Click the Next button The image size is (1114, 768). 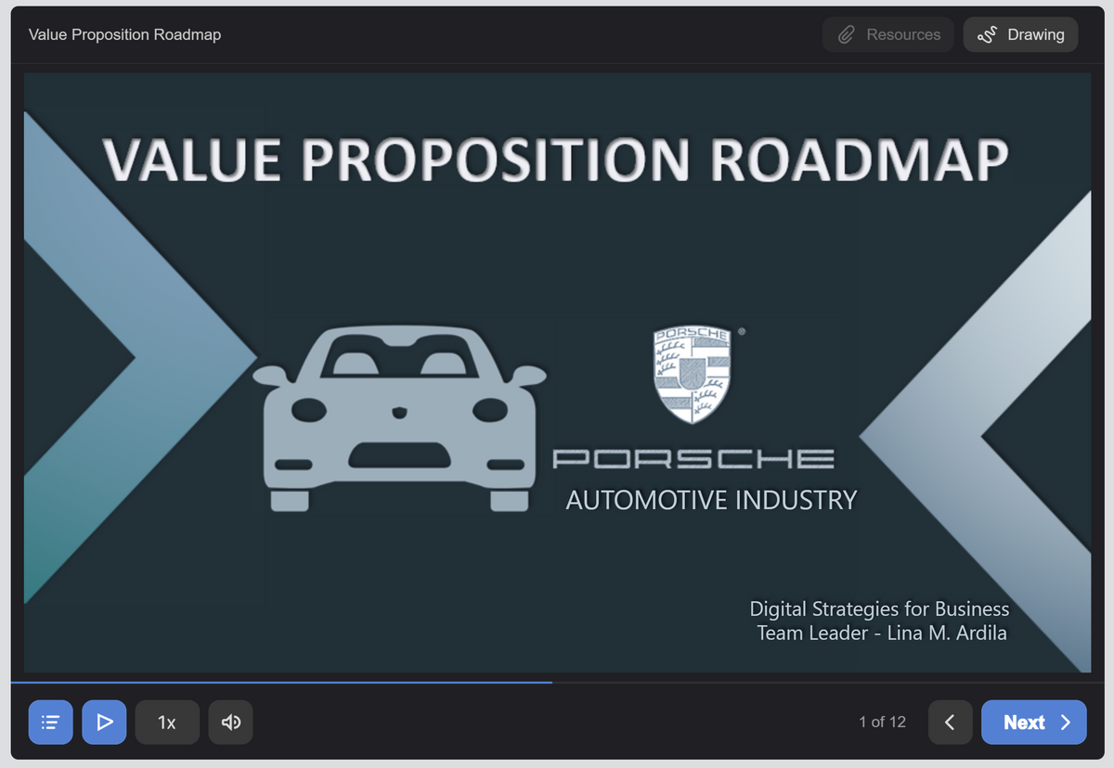click(1033, 722)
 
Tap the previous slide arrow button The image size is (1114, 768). click(950, 722)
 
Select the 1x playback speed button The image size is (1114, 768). click(167, 722)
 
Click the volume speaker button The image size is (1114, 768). click(231, 722)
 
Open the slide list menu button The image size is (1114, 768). click(51, 722)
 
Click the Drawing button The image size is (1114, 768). click(1020, 34)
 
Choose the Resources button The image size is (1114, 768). click(887, 34)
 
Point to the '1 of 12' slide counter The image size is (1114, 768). click(882, 722)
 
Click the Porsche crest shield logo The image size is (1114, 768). click(692, 375)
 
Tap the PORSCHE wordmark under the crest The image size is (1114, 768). click(693, 458)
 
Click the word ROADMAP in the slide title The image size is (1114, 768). click(859, 160)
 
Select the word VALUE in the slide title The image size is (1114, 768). click(191, 160)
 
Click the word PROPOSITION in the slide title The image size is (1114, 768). click(496, 160)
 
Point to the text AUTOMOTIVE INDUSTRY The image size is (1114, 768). click(712, 500)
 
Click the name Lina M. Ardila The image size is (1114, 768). click(947, 634)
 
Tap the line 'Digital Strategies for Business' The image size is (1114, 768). click(879, 609)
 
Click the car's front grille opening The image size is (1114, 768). click(399, 455)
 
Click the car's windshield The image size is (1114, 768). click(399, 355)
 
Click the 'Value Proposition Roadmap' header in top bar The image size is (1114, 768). click(124, 34)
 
